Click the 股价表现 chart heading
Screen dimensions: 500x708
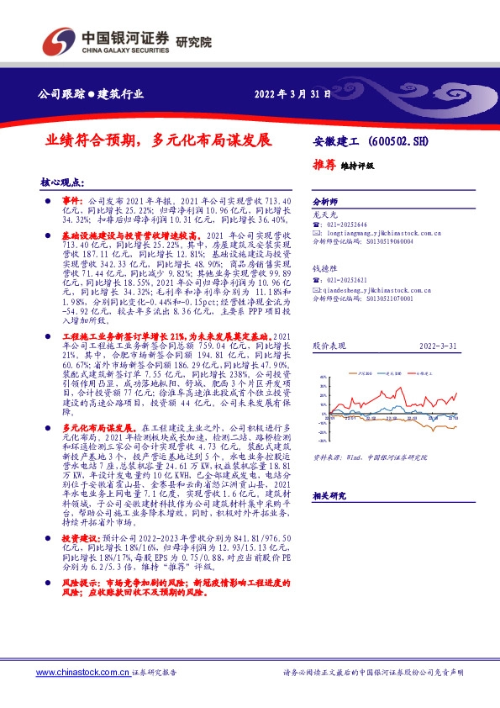point(328,346)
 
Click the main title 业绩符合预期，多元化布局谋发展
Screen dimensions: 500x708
point(159,140)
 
